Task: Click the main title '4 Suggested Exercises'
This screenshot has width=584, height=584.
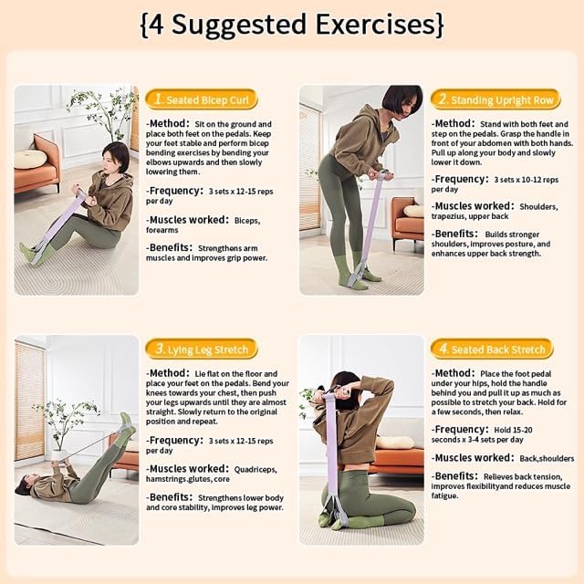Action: [x=292, y=24]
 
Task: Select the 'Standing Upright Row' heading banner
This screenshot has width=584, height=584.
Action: [x=493, y=99]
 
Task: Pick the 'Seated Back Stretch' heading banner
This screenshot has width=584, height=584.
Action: [x=493, y=349]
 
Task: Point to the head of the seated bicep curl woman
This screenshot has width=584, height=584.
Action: [x=116, y=156]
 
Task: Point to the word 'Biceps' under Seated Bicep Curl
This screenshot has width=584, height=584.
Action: [x=247, y=220]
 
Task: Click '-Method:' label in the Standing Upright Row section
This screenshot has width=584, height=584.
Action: [x=454, y=124]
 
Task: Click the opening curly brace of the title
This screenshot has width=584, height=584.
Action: [x=144, y=24]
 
